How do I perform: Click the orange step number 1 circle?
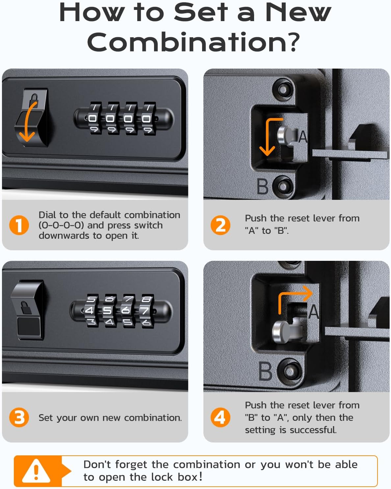[x=19, y=225]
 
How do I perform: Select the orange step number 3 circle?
[x=19, y=417]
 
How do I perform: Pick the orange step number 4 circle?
[x=220, y=417]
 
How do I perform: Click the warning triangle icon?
[x=36, y=471]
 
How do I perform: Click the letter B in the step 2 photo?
[x=263, y=187]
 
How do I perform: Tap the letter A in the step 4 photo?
[x=314, y=312]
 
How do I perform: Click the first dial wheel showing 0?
[x=92, y=119]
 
